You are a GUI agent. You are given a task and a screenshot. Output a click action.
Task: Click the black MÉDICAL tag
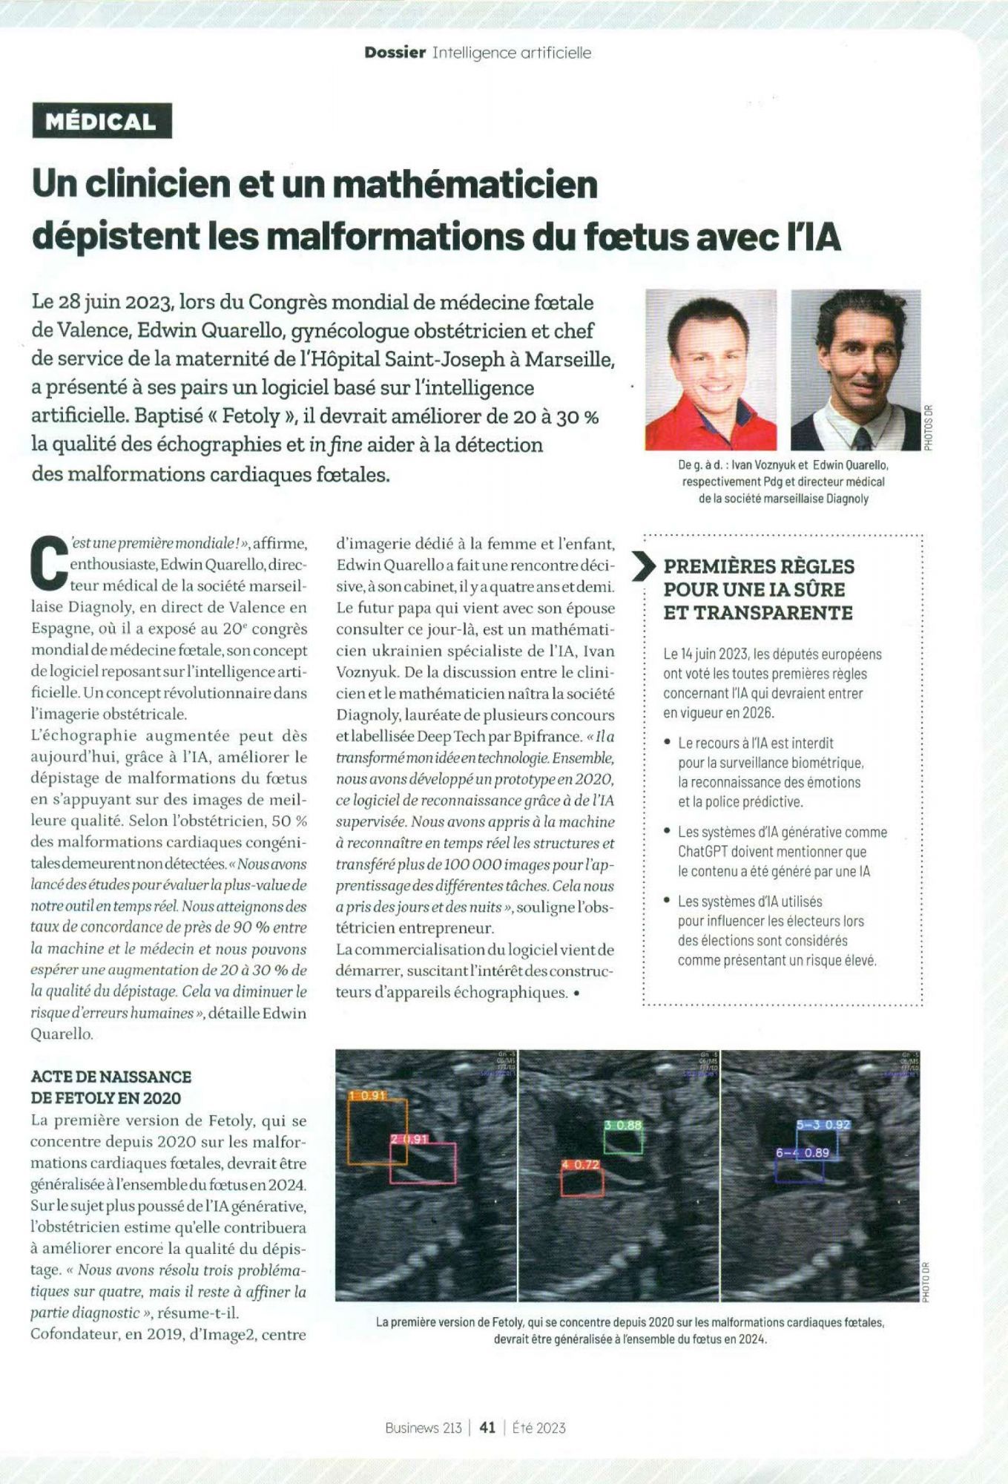coord(102,122)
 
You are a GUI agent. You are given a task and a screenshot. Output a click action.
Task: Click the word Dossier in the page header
coord(395,53)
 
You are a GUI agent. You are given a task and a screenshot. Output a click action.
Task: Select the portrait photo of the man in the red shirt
coord(710,370)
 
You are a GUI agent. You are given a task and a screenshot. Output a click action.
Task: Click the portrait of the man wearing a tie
coord(855,370)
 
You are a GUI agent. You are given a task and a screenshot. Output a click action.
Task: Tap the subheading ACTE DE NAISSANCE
coord(111,1076)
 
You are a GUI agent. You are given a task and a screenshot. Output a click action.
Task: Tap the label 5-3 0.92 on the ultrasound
coord(823,1124)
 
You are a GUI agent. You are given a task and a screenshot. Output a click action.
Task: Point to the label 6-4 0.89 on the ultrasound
coord(803,1152)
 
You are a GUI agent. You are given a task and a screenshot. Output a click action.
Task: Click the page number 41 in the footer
coord(487,1427)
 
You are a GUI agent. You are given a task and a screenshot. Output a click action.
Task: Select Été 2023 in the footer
coord(539,1427)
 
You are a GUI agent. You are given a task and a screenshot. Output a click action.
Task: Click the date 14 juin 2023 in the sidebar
coord(714,654)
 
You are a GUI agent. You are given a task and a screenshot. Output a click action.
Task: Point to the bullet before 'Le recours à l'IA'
coord(668,743)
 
